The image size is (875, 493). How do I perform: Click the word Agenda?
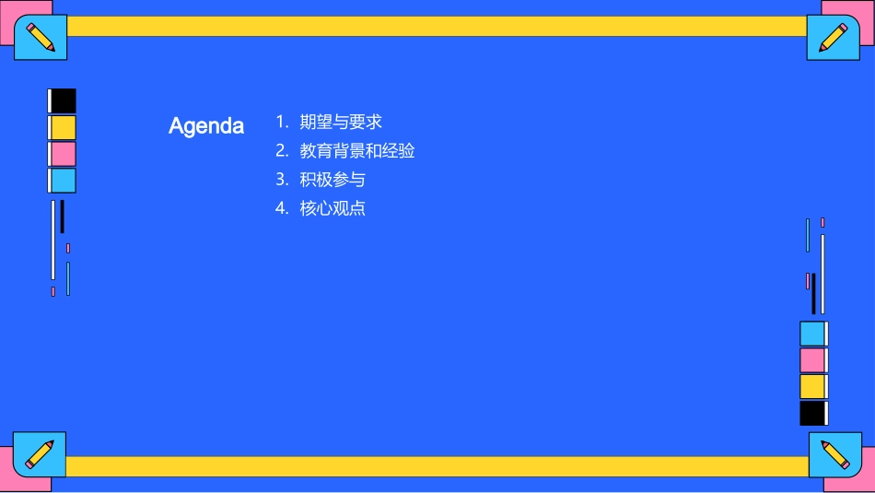(x=206, y=126)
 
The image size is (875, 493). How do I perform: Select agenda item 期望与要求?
(x=341, y=122)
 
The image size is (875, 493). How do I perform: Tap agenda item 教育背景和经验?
(x=357, y=150)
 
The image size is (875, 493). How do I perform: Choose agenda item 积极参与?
(x=332, y=179)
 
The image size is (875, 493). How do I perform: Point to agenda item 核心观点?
(x=332, y=208)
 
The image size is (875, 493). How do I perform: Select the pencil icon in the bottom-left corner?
(x=40, y=453)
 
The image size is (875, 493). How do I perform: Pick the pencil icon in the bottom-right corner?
(x=834, y=453)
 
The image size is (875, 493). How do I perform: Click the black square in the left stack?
(x=63, y=100)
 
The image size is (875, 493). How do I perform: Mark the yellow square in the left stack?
(x=63, y=127)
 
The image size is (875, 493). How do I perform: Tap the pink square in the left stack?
(x=63, y=154)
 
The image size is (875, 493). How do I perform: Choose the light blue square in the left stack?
(x=63, y=181)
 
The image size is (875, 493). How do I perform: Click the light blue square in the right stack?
(x=812, y=334)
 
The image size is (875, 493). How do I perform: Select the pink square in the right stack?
(x=812, y=360)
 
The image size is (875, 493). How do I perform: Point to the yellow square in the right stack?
(x=812, y=386)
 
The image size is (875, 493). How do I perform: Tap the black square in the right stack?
(x=812, y=413)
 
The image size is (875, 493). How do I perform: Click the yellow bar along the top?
(x=437, y=26)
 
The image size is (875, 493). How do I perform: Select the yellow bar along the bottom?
(x=437, y=466)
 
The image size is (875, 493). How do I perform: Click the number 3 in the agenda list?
(x=282, y=179)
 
